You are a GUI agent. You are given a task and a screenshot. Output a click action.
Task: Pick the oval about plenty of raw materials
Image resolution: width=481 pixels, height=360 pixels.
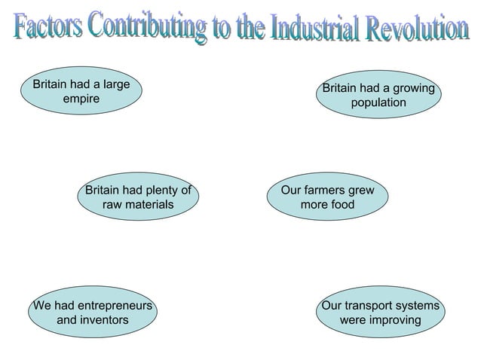[138, 197]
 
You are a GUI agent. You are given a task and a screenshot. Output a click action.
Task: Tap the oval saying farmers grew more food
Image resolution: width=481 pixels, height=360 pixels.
[327, 197]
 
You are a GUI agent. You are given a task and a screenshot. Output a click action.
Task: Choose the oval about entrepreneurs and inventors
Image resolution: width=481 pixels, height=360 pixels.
[93, 313]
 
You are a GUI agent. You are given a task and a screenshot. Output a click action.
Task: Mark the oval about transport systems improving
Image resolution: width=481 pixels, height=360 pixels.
[380, 313]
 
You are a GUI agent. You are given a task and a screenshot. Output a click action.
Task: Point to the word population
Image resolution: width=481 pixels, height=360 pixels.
[378, 102]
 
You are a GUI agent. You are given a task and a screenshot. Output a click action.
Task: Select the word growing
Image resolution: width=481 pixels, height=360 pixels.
[413, 89]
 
